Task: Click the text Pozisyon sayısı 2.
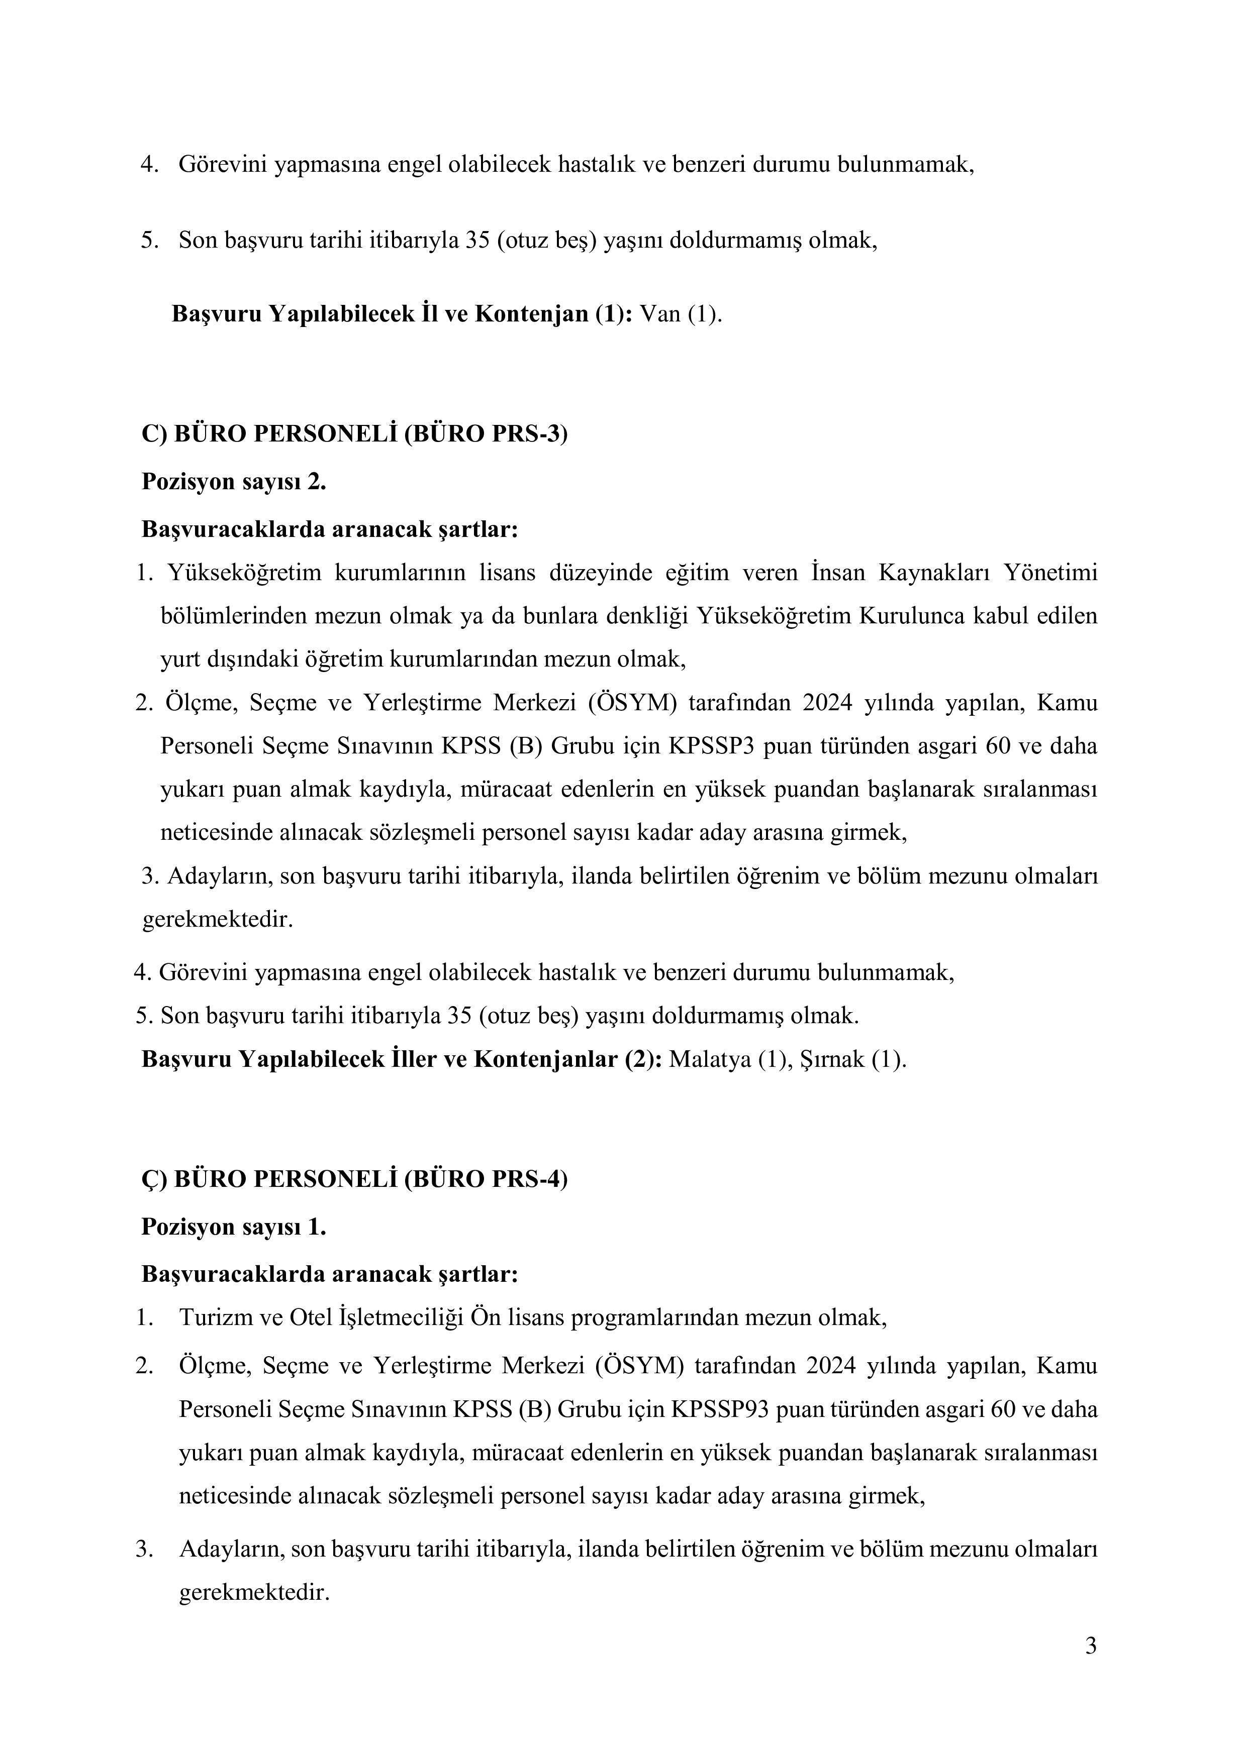pos(233,482)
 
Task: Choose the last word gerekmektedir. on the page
pos(253,1593)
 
